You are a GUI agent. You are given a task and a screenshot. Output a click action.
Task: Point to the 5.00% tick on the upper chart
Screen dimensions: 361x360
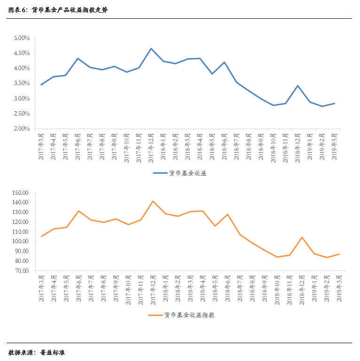pos(22,38)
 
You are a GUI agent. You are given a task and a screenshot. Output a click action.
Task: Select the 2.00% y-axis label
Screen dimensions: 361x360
pos(22,129)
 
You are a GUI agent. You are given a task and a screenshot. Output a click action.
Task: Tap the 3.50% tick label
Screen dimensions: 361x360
pos(22,84)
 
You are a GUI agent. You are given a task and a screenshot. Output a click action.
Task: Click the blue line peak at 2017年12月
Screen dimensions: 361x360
pos(151,48)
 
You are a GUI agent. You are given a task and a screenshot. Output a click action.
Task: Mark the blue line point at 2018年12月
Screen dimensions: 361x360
pos(298,85)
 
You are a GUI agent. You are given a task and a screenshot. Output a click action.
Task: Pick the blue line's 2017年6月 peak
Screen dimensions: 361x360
pos(78,59)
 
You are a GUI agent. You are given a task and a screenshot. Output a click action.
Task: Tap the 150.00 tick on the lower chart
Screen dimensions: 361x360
pos(21,193)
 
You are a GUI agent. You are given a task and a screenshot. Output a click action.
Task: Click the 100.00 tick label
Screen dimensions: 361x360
pos(21,242)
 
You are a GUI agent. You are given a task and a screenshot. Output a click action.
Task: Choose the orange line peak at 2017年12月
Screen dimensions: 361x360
pos(153,201)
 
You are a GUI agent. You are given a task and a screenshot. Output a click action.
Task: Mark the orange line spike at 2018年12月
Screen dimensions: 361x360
pos(301,237)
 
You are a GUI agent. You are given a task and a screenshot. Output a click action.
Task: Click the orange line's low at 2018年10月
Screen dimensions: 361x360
pos(277,257)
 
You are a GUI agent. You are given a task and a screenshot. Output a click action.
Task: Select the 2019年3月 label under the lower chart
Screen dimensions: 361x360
pos(339,290)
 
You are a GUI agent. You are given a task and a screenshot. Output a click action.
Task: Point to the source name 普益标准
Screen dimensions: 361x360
pos(52,352)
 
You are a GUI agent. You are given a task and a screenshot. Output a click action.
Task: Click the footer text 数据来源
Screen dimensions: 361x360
pos(22,352)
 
